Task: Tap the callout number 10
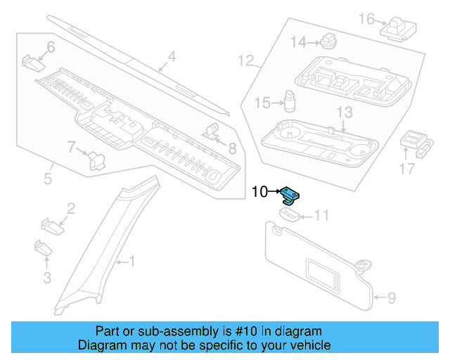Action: (259, 191)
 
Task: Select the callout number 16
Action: (366, 18)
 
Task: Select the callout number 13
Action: (344, 112)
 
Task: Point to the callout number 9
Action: (392, 298)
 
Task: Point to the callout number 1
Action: (131, 262)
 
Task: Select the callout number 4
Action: (172, 57)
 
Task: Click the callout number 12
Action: (245, 60)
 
